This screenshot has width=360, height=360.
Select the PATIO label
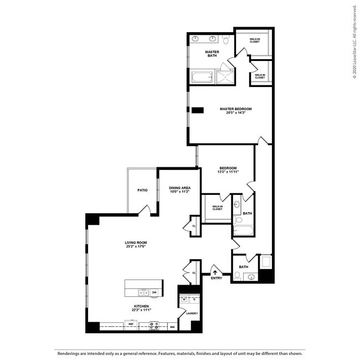tap(142, 190)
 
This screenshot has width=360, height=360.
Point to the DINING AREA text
tap(180, 188)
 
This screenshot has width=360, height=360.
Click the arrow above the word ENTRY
tap(215, 272)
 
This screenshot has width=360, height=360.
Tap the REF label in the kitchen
tap(131, 324)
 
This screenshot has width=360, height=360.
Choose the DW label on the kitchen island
tap(155, 292)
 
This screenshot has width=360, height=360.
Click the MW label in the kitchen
tap(172, 327)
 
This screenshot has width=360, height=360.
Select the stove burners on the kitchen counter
tap(154, 326)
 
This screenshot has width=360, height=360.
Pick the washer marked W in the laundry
tap(183, 300)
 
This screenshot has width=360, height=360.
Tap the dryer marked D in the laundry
tap(193, 300)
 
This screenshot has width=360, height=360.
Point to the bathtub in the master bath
tap(202, 77)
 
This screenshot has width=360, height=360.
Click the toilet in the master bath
tap(226, 40)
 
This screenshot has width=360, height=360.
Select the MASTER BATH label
tap(212, 54)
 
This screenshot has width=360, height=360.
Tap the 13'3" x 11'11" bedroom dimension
tap(228, 172)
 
